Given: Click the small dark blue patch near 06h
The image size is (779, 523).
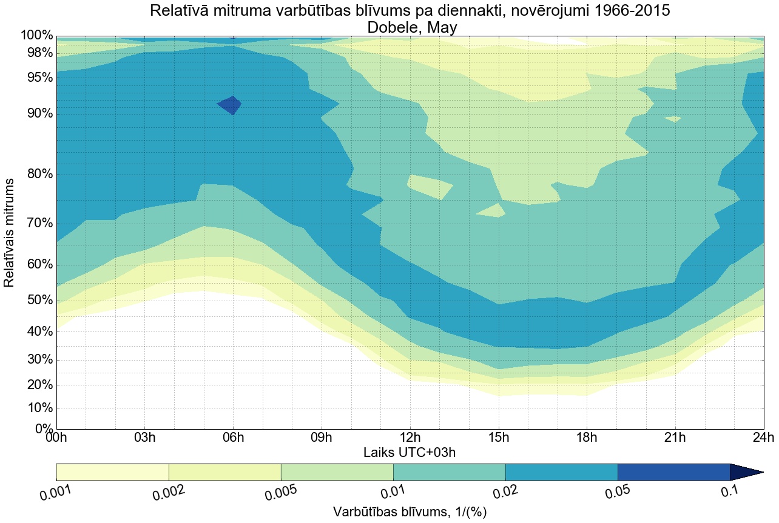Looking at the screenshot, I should (230, 105).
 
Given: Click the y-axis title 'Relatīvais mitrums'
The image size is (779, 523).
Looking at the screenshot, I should (9, 233).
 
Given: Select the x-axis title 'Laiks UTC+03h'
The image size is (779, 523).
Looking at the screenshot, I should (410, 452).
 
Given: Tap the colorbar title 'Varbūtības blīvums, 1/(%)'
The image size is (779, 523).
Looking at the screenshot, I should (410, 512).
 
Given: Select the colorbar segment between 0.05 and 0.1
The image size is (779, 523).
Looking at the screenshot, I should (673, 472).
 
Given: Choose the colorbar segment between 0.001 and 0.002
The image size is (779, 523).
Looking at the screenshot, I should (112, 472).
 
